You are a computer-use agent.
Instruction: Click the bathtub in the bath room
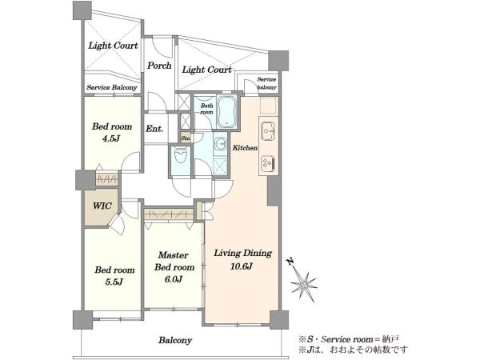click(226, 112)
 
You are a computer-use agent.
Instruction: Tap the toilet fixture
click(180, 155)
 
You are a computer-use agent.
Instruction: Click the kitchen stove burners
click(268, 164)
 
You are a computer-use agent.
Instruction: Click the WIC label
click(102, 206)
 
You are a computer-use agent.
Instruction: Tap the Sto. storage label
click(186, 138)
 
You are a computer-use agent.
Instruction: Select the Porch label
click(159, 66)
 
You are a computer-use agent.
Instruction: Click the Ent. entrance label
click(154, 129)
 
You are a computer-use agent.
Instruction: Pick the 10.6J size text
click(242, 266)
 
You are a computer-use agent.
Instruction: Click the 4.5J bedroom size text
click(111, 138)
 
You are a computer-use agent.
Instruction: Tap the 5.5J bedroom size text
click(114, 282)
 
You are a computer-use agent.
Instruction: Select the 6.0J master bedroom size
click(174, 279)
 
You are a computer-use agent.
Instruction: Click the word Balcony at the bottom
click(175, 340)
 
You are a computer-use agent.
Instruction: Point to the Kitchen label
click(245, 148)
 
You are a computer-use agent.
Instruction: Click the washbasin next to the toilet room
click(221, 143)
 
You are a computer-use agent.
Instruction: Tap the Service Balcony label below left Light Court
click(112, 87)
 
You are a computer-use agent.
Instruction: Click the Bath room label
click(206, 109)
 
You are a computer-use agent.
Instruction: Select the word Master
click(174, 255)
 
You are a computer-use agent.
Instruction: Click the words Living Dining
click(242, 253)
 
